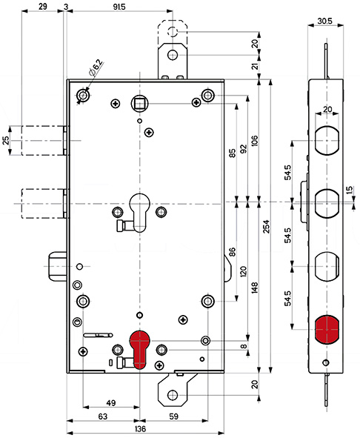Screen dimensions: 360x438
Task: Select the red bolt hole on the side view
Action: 327,330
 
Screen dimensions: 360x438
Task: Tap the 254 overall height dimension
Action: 267,227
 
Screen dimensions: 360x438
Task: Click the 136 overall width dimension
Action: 140,428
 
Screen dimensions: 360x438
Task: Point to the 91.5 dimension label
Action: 119,7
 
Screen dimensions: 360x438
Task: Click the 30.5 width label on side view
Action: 324,21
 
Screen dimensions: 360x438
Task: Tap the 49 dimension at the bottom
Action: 111,403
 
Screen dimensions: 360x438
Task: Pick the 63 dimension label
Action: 103,417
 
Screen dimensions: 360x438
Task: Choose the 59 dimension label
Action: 173,417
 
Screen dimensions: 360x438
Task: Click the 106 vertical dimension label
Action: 255,141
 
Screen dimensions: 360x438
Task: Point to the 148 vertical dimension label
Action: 255,288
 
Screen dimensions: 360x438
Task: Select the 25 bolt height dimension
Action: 6,141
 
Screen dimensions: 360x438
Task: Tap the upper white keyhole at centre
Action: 140,212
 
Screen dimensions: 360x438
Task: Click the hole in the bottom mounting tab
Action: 173,395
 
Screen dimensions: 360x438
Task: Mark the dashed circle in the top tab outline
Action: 173,32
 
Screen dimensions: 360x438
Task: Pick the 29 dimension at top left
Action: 43,7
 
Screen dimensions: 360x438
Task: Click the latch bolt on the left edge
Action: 58,267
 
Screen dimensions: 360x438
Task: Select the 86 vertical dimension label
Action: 232,251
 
